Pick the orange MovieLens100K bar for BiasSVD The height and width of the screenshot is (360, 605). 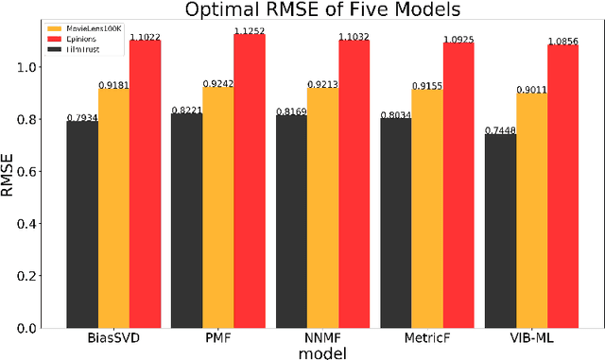[113, 208]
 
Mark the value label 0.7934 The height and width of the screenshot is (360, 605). [81, 117]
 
